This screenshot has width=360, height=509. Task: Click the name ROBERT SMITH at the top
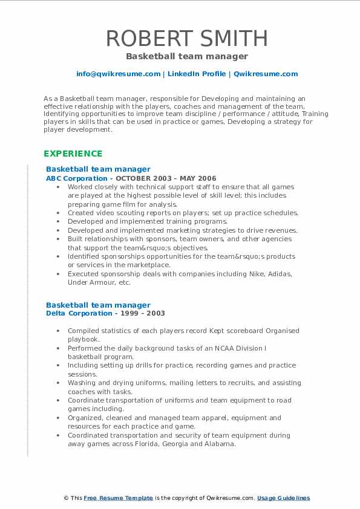coord(187,38)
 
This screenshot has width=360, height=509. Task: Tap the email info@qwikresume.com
coord(118,74)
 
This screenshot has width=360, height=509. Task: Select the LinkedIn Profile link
coord(196,74)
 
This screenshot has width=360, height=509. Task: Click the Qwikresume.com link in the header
coord(266,74)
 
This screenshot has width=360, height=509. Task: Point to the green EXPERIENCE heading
coord(73,154)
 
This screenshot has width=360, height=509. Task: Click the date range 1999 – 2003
coord(145,313)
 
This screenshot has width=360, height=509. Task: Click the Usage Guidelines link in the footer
coord(283,498)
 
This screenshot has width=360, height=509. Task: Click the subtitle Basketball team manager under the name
coord(187,56)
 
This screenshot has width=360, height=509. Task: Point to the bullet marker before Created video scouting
coord(57,213)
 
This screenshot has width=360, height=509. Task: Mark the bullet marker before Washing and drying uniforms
coord(57,383)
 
